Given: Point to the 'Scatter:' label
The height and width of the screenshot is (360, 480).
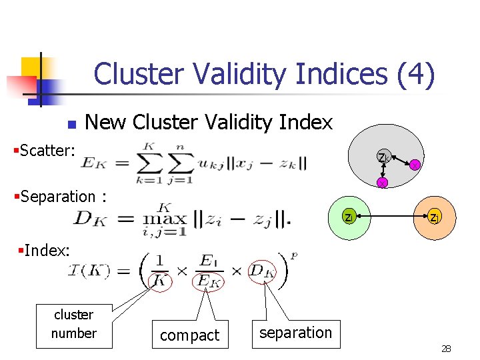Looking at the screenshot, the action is tap(44, 150).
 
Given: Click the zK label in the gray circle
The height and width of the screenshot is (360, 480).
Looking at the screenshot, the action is tap(383, 158).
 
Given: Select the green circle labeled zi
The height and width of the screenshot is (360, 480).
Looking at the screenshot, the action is tap(349, 217).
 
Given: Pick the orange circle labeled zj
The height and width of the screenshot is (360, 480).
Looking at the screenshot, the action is tap(434, 217).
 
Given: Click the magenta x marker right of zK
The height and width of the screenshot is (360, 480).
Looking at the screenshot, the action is tap(414, 165).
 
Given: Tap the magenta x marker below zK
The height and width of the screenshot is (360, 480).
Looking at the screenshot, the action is tap(382, 183).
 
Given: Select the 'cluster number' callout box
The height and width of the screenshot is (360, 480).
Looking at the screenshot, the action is tap(73, 324).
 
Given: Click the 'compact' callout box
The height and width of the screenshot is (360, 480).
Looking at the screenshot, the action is tap(190, 335).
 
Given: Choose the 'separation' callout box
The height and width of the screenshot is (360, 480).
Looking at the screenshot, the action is tap(295, 332).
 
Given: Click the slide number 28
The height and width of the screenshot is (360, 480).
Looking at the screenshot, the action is tap(446, 349).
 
